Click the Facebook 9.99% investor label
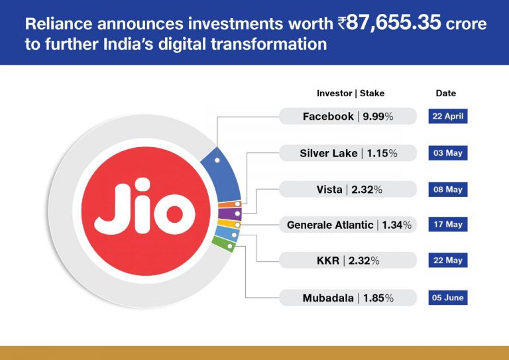[348, 117]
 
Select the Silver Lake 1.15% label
[348, 153]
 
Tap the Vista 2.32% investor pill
[348, 190]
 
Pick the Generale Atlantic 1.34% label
[348, 225]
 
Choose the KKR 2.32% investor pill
[348, 261]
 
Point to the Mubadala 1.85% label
[348, 298]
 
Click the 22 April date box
[447, 117]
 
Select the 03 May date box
[447, 153]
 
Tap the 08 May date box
[447, 190]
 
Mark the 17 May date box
[447, 225]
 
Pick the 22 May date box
[447, 261]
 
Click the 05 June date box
[447, 298]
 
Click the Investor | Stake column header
[351, 93]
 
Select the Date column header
[446, 93]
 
